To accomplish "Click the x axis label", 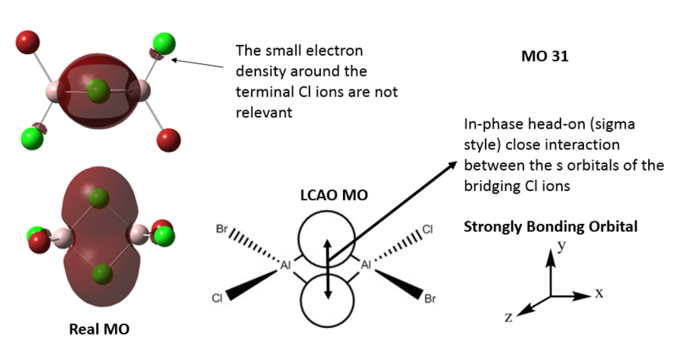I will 599,293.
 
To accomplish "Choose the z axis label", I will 509,317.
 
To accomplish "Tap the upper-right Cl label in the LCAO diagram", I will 428,229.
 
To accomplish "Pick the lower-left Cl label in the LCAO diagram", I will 218,298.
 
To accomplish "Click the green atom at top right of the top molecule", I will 164,42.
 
